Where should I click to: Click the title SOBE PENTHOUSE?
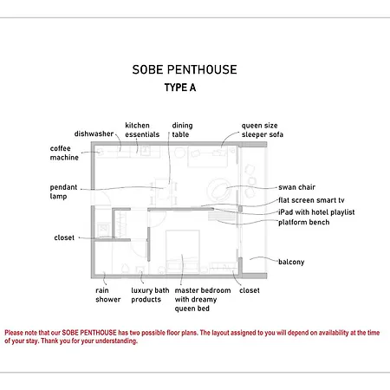[185, 69]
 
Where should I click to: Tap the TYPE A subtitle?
[180, 88]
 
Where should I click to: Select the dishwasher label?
[94, 133]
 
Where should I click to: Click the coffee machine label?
[64, 153]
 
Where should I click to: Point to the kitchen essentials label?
[142, 130]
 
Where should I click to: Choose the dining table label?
[182, 130]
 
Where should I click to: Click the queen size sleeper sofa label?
[263, 130]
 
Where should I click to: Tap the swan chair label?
[296, 187]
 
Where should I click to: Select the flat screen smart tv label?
[311, 200]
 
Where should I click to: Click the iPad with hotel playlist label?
[316, 212]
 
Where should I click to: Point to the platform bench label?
[304, 222]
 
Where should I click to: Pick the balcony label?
[291, 262]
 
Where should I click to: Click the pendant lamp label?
[63, 192]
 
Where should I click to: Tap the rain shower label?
[108, 295]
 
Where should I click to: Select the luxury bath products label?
[150, 295]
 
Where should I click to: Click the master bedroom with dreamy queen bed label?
[203, 300]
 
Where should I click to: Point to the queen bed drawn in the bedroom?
[183, 251]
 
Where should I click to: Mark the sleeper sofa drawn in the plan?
[207, 157]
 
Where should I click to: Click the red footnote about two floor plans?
[192, 337]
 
